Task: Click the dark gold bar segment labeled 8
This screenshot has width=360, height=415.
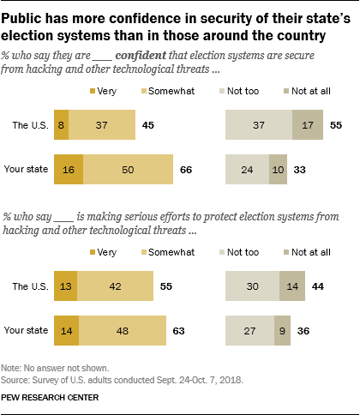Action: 60,125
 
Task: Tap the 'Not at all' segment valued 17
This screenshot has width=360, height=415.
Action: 309,125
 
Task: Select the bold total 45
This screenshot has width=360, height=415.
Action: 148,125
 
